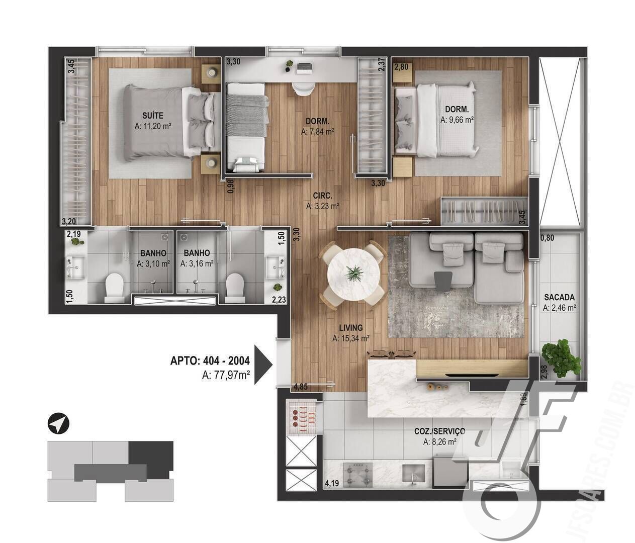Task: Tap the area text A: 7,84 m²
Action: point(317,132)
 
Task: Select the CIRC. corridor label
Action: point(322,195)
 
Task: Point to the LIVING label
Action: point(351,328)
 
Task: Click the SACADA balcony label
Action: point(559,298)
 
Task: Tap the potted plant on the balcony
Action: point(562,357)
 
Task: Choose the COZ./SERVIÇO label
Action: point(439,431)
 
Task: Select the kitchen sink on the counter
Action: point(414,474)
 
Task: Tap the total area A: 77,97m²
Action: point(226,374)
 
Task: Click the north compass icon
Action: point(58,423)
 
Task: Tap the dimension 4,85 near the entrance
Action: point(301,387)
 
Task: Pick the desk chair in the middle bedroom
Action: point(303,87)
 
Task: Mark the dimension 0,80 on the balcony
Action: point(547,238)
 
